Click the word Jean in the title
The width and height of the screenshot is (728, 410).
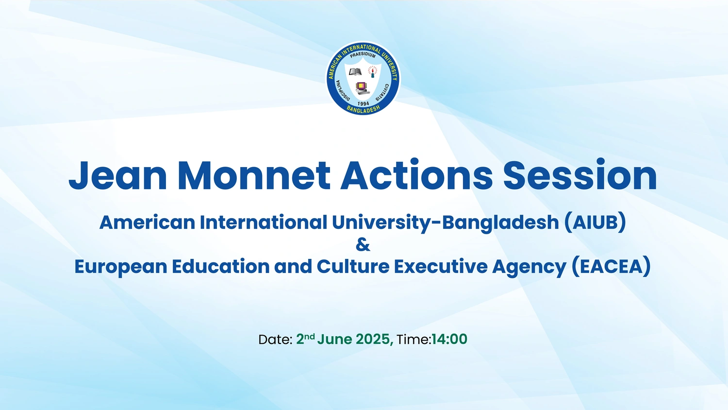pyautogui.click(x=117, y=175)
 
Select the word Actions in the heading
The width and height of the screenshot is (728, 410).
pyautogui.click(x=416, y=175)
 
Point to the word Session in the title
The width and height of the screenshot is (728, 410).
pyautogui.click(x=580, y=175)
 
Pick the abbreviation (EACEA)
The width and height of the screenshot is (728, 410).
pyautogui.click(x=612, y=267)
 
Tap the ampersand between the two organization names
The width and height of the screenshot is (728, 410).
pyautogui.click(x=363, y=245)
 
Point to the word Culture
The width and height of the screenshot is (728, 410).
pyautogui.click(x=353, y=267)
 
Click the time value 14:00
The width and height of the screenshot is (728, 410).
pyautogui.click(x=449, y=339)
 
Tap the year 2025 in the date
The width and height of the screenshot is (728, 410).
pyautogui.click(x=373, y=340)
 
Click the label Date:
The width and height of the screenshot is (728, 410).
pyautogui.click(x=275, y=340)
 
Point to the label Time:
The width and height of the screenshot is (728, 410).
pyautogui.click(x=414, y=340)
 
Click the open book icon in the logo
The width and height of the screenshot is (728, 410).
pyautogui.click(x=355, y=71)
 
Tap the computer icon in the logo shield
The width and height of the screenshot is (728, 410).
pyautogui.click(x=362, y=88)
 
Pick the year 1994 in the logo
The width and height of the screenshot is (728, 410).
pyautogui.click(x=363, y=103)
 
